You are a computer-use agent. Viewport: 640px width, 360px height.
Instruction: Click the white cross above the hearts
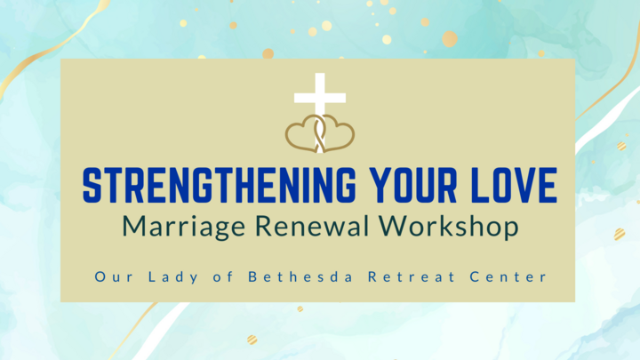(x=320, y=96)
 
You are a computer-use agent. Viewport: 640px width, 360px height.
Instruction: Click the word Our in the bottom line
(x=111, y=277)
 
